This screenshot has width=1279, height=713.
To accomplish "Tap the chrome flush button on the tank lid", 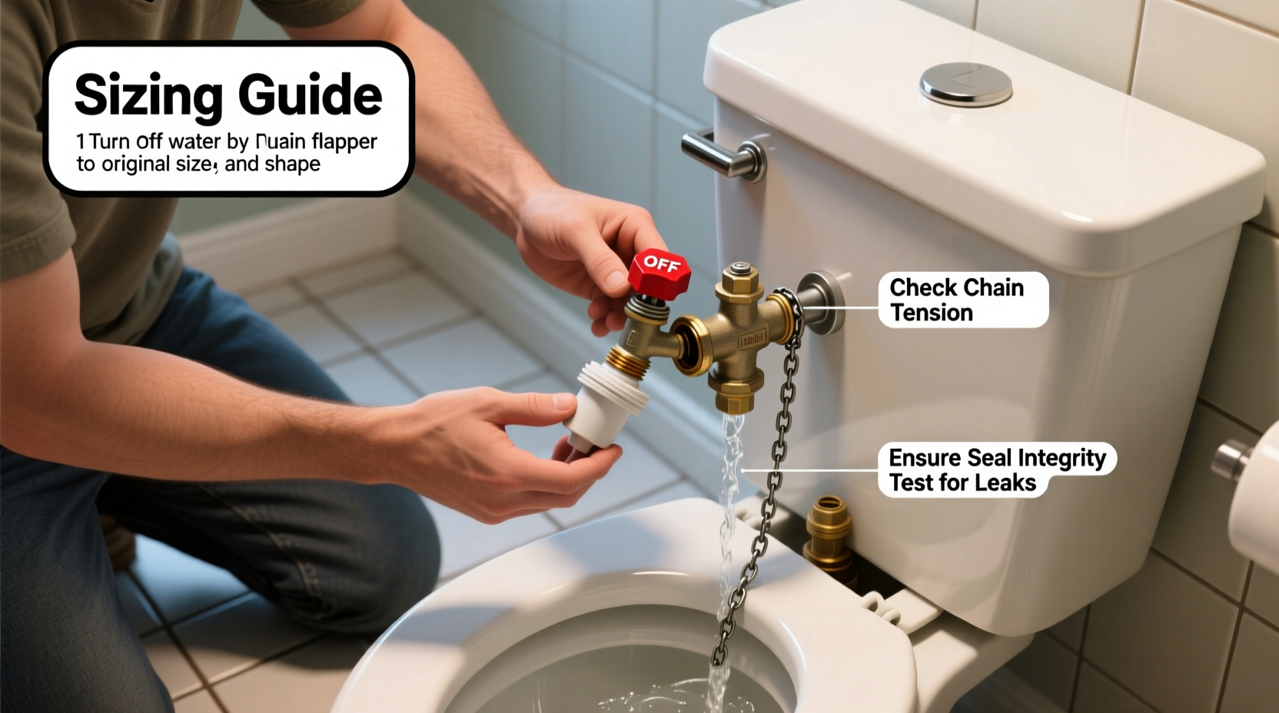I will click(x=965, y=84).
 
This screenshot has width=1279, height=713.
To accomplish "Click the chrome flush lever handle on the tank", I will click(x=723, y=154).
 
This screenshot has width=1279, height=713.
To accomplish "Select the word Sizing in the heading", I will click(x=150, y=95).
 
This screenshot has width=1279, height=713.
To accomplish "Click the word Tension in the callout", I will click(x=932, y=313).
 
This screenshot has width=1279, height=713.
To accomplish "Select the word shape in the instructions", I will click(x=292, y=164).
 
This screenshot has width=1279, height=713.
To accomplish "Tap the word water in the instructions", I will click(x=195, y=142).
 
